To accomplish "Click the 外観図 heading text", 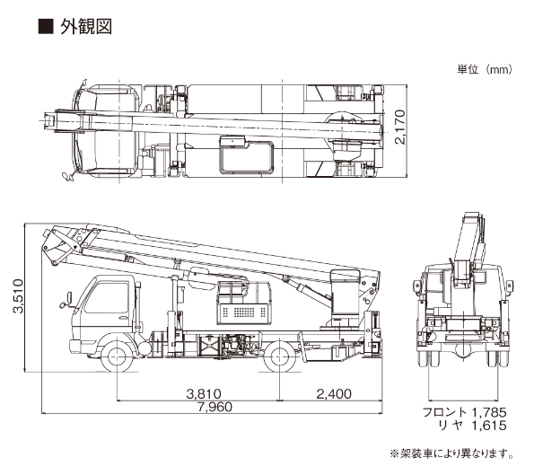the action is (x=86, y=27).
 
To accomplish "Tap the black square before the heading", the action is (x=45, y=27).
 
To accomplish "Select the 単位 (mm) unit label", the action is (x=485, y=70).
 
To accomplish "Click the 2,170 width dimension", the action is (x=400, y=127).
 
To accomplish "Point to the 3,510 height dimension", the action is (x=18, y=295).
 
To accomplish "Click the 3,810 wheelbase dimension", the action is (x=204, y=393).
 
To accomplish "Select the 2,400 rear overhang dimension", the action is (x=334, y=393).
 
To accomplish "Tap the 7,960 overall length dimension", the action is (x=214, y=407).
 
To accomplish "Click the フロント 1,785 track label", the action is (x=465, y=412).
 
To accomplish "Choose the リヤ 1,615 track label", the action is (x=473, y=426).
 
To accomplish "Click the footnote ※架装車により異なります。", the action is (x=451, y=453).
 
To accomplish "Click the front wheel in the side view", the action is (x=117, y=356).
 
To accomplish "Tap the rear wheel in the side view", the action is (x=280, y=356).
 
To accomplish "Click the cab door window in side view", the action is (x=106, y=298).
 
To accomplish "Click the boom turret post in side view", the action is (x=345, y=297).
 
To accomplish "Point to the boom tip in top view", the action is (x=48, y=121).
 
